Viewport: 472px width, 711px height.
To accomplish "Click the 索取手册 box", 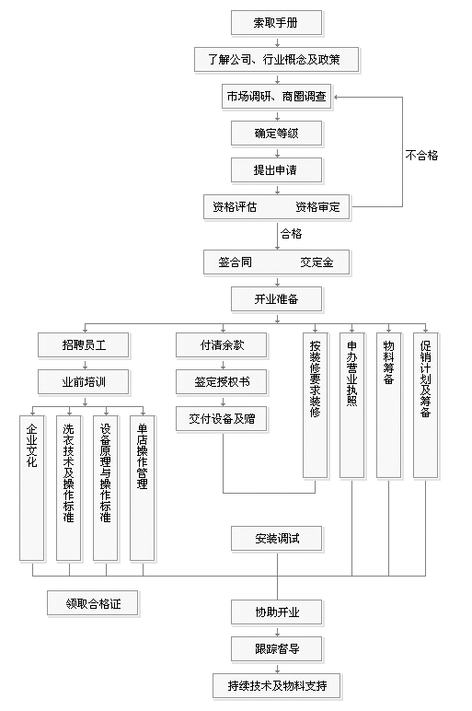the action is [x=276, y=23].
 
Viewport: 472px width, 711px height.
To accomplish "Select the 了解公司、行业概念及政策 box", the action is [x=276, y=59].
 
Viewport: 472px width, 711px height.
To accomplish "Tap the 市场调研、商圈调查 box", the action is [x=276, y=97].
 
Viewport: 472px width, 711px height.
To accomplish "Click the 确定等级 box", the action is [x=276, y=134].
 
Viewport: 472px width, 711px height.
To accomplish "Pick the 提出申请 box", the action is [x=276, y=170].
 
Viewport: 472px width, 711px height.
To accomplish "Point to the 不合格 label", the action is [x=421, y=156].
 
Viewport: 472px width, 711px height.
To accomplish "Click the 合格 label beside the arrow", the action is [x=292, y=234].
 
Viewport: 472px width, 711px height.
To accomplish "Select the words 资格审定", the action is [x=317, y=207].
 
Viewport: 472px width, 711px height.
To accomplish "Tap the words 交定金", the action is [x=317, y=262].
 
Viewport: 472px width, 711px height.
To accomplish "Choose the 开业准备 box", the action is [x=276, y=299].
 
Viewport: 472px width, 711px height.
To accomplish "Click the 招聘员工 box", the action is [x=84, y=345].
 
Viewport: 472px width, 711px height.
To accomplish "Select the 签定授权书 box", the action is [x=222, y=382].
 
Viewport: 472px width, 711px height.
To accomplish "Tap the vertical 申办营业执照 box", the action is [x=352, y=405].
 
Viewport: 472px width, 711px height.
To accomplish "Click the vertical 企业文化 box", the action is [x=31, y=488].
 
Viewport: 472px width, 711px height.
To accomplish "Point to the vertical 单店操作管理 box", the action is [x=143, y=488].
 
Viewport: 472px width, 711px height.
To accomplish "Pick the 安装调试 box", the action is [x=276, y=539].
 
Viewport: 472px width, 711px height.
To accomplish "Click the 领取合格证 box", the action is [x=92, y=603].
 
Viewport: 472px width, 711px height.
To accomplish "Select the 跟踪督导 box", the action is [x=276, y=649].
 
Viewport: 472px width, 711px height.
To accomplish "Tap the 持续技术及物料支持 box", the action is [x=276, y=685].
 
